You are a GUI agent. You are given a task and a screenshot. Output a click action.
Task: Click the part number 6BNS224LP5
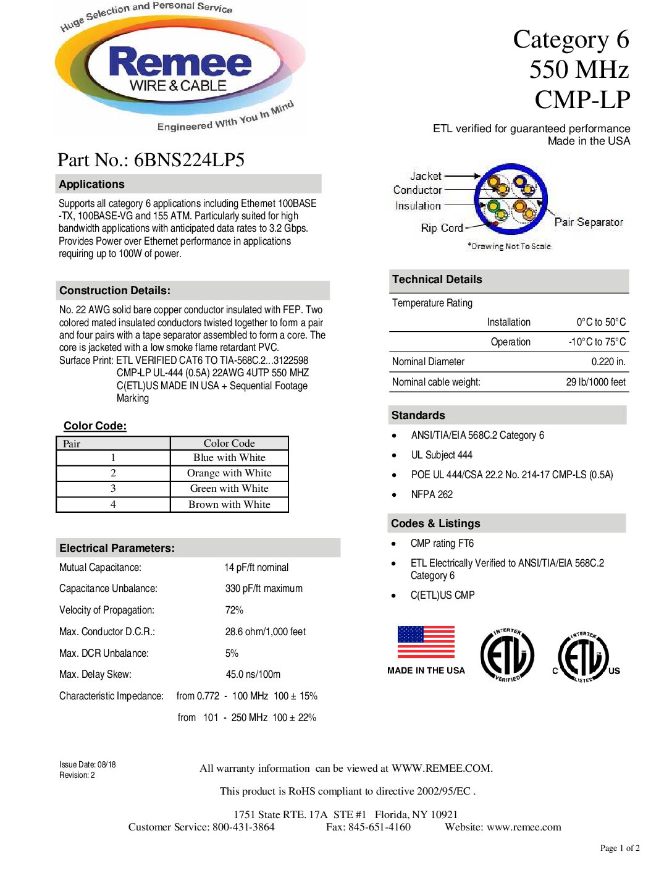point(189,160)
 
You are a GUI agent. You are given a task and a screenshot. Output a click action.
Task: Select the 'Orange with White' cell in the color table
point(229,473)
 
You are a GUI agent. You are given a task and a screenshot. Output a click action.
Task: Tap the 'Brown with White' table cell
point(229,505)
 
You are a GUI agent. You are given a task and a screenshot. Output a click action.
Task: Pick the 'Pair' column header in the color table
point(72,444)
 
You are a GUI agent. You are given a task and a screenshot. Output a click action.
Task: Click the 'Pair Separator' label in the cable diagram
point(588,222)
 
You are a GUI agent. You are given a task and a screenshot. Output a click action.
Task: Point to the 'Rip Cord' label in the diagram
point(442,228)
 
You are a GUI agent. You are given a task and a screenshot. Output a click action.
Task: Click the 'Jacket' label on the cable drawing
point(426,176)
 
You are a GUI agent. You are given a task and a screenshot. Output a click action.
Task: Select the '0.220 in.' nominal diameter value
point(608,362)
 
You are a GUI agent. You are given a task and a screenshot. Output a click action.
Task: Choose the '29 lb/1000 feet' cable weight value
point(595,382)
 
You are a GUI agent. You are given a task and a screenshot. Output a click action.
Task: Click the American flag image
point(426,642)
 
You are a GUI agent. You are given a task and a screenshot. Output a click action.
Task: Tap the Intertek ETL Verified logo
point(507,656)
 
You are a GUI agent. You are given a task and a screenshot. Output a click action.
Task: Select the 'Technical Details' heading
point(437,279)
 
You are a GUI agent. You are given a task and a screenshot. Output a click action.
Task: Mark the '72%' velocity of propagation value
point(234,610)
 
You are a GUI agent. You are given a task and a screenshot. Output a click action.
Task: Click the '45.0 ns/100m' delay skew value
point(253,675)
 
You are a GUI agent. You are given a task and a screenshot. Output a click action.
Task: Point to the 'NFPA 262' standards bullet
point(432,495)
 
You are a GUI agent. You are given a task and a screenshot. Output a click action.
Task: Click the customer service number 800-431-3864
point(243,827)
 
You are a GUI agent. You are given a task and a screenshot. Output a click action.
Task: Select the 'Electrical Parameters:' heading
point(117,548)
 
